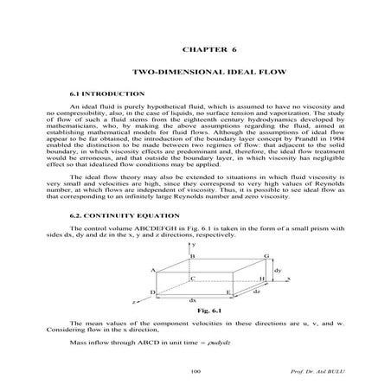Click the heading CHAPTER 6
pyautogui.click(x=195, y=50)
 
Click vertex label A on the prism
pyautogui.click(x=153, y=271)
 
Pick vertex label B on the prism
pyautogui.click(x=193, y=256)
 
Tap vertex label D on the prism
pyautogui.click(x=152, y=293)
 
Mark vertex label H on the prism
pyautogui.click(x=262, y=280)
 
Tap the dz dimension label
pyautogui.click(x=257, y=292)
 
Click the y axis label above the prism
pyautogui.click(x=195, y=246)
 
